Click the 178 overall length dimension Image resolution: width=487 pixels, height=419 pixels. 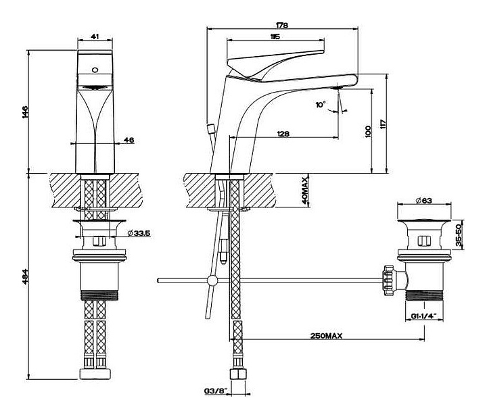282,24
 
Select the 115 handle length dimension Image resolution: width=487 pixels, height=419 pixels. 275,36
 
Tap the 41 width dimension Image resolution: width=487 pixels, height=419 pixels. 95,36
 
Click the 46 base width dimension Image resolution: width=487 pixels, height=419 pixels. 129,140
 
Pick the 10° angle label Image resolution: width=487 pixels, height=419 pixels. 321,104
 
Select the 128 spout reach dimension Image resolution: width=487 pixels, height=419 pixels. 283,133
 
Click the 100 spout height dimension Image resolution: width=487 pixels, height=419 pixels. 368,132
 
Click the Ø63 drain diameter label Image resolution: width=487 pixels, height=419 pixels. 423,201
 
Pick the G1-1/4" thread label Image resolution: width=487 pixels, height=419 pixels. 423,316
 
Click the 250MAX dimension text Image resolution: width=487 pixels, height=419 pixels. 326,335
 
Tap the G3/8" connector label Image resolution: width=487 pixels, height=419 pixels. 216,391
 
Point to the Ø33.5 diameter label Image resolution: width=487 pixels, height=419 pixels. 139,232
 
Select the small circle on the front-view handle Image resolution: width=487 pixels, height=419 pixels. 95,70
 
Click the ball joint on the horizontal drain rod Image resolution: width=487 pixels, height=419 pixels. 213,281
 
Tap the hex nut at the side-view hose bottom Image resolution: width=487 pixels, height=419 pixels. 237,373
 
